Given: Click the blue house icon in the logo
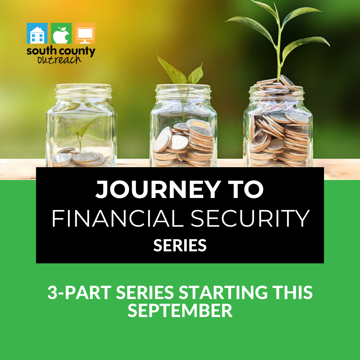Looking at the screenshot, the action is click(37, 33).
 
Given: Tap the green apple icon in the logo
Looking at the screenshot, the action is click(61, 33).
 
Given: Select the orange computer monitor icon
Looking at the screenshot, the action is click(85, 33).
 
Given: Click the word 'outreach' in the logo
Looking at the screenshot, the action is click(59, 59).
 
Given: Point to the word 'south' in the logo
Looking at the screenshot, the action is click(40, 51).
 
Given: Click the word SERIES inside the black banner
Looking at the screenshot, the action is click(180, 245).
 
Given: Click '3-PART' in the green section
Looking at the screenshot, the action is click(79, 292).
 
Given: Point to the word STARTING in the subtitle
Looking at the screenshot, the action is click(223, 292).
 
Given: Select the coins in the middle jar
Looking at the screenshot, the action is click(183, 143).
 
